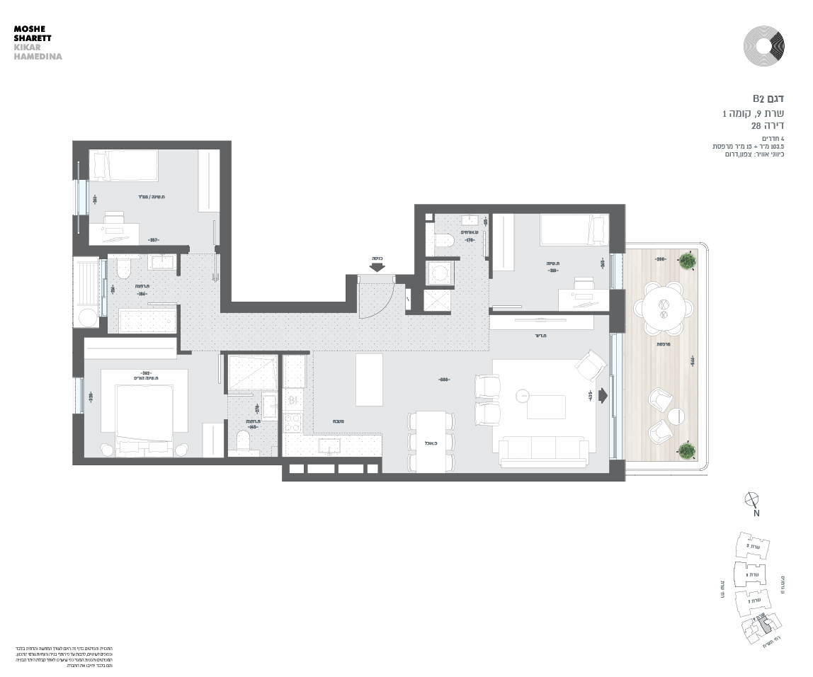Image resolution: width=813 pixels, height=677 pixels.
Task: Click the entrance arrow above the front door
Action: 377,267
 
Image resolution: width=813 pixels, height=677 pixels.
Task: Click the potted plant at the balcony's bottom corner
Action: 686,450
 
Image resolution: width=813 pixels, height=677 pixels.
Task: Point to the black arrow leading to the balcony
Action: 603,395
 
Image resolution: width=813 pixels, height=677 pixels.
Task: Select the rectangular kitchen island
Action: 369,380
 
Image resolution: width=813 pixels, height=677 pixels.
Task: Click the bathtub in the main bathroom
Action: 148,320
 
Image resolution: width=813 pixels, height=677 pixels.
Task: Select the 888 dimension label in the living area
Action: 445,380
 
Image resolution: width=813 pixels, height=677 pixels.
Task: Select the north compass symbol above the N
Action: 753,499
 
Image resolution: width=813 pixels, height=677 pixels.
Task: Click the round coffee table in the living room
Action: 523,395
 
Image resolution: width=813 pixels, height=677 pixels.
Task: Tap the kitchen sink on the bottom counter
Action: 329,445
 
